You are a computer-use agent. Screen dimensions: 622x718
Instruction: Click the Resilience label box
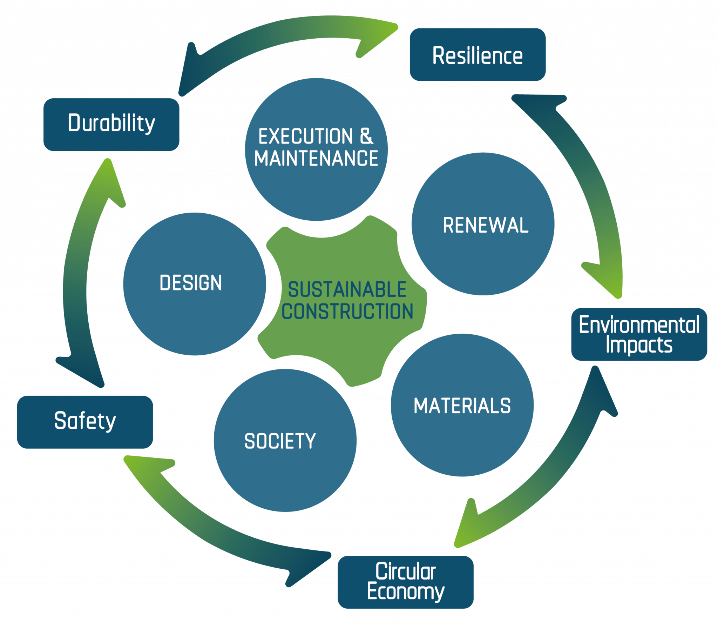[x=477, y=55]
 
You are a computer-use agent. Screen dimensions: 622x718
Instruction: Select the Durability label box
[x=111, y=125]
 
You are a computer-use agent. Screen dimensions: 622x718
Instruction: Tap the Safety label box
[x=85, y=422]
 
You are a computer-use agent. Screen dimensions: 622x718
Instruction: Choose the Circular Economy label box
[x=406, y=582]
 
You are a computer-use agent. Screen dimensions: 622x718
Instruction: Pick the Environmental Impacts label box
[x=639, y=334]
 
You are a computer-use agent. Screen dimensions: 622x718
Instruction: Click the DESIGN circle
[x=194, y=283]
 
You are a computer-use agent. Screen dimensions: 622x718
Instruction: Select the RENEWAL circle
[x=483, y=224]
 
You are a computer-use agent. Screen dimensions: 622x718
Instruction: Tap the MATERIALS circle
[x=462, y=405]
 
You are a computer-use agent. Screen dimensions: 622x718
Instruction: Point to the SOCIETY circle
[x=285, y=440]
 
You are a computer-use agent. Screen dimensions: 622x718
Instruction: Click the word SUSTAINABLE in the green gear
[x=347, y=290]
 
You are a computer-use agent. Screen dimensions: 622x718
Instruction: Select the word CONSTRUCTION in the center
[x=347, y=312]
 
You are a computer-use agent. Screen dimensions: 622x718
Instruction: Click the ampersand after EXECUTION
[x=366, y=136]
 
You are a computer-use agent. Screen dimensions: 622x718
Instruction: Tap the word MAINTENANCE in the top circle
[x=316, y=159]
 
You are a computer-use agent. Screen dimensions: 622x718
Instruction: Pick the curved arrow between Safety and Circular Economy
[x=217, y=526]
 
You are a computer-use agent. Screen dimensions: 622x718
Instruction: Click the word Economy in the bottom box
[x=406, y=592]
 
